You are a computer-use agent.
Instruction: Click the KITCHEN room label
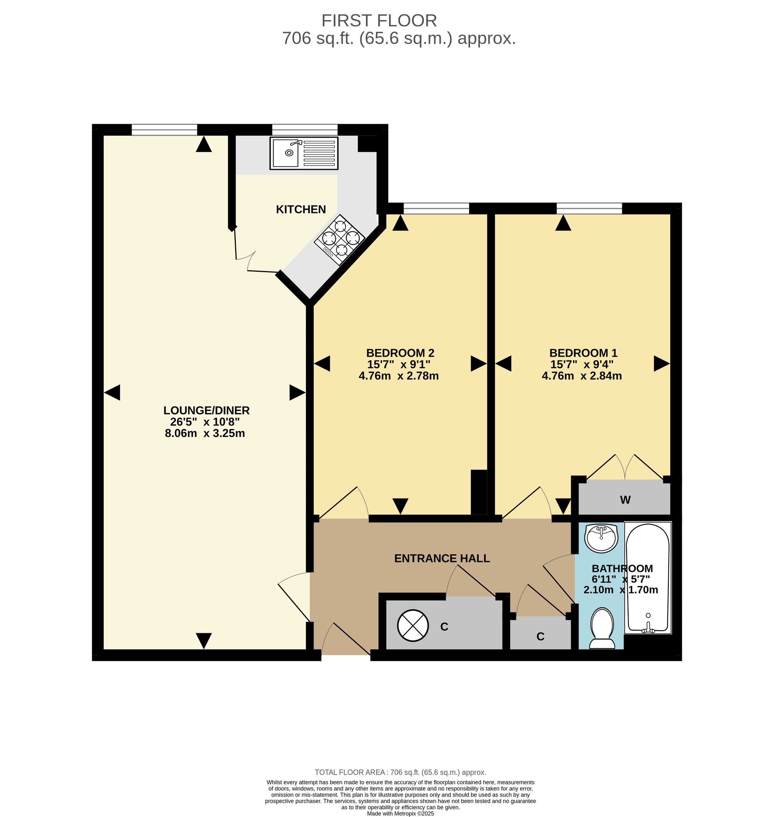301,210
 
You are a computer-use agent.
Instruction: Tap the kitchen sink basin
286,153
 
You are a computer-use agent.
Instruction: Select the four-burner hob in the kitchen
339,239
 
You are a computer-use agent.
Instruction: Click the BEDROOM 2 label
400,353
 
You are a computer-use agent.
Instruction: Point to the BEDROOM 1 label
583,353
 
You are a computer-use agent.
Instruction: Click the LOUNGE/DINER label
206,410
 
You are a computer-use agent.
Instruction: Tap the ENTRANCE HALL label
442,559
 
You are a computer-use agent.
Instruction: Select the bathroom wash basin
602,538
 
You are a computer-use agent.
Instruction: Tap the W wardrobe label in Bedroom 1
625,500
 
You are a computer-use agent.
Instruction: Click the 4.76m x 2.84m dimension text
582,376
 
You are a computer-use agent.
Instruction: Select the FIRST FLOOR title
379,21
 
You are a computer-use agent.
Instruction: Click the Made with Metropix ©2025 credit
401,814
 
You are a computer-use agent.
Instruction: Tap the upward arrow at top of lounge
204,144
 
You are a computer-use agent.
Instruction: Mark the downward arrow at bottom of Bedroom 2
400,506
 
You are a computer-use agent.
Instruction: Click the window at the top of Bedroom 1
589,209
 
